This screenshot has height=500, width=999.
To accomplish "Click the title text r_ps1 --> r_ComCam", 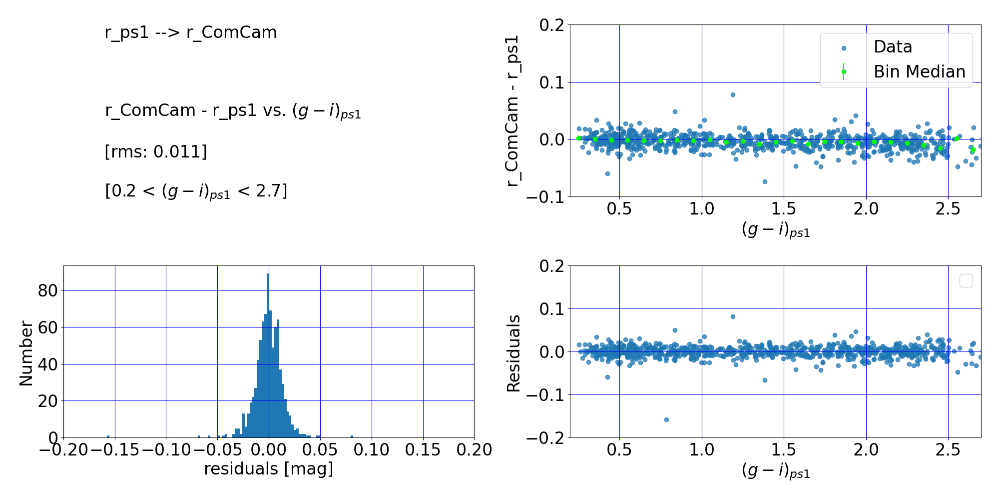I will coord(191,32).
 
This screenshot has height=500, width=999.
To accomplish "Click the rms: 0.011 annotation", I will coord(156,151).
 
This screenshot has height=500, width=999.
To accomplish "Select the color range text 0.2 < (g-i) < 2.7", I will coord(196,191).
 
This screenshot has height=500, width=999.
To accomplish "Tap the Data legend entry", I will coord(893,47).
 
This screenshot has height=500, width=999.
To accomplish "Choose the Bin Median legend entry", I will coord(919,72).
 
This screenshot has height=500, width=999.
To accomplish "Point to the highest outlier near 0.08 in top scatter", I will coord(733,94).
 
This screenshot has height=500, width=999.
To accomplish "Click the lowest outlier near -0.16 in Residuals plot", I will coord(666,419).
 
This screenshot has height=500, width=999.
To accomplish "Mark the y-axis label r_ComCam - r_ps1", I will coord(513,111).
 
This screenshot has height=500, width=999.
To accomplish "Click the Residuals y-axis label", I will coord(513,353).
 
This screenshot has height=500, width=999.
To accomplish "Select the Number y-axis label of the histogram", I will coord(26,353).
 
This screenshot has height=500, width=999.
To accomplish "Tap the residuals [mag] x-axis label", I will coord(269,469).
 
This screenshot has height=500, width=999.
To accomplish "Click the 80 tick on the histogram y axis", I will coord(47,290).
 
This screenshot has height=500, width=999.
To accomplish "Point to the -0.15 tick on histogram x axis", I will coord(114,450).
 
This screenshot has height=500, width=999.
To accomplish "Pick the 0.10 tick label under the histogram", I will coord(372,450).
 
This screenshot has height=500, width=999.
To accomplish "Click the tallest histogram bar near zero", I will coord(268,355).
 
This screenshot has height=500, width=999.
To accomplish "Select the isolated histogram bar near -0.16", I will coord(108,436).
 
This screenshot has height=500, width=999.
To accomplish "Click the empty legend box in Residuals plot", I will coord(966,281).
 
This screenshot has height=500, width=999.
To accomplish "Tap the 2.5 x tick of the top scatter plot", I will coord(948,208).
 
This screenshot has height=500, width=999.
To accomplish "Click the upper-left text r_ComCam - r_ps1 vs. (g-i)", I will coord(233,111).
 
